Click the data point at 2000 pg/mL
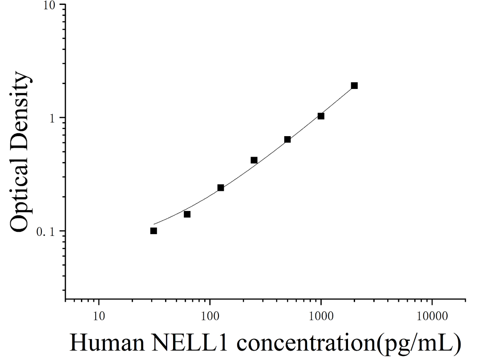coord(354,85)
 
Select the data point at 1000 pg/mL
coord(321,116)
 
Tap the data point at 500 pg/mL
coord(287,139)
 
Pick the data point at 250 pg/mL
coord(254,160)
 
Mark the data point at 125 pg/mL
coord(221,187)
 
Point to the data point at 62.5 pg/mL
coord(187,214)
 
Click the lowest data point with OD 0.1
coord(154,231)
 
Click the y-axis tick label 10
coord(50,6)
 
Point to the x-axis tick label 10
coord(98,316)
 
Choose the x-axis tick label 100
coord(210,316)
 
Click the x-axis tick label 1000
coord(321,316)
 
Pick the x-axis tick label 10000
coord(432,316)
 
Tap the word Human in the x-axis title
coord(107,343)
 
